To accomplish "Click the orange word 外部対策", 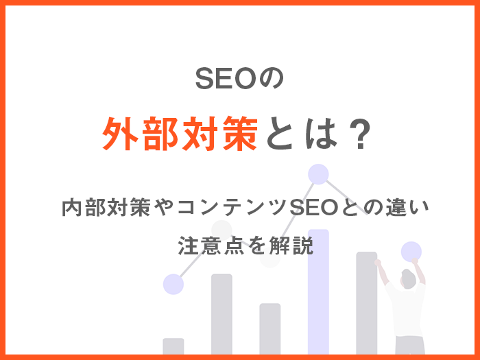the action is (x=180, y=134).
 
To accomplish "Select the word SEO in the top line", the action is (x=226, y=79).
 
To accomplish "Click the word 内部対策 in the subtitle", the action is (x=106, y=207).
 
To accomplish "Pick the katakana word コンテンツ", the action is (x=232, y=207).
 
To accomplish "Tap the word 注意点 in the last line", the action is (x=211, y=245).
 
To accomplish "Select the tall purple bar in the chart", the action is (x=318, y=291).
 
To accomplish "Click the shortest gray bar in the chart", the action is (x=173, y=346).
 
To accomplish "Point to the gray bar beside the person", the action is (x=366, y=303).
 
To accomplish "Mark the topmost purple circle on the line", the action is (x=318, y=174).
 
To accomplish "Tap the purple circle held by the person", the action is (x=411, y=252).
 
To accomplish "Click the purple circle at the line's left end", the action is (x=173, y=284).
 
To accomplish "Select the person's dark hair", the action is (x=409, y=277).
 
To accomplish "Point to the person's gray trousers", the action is (x=409, y=346).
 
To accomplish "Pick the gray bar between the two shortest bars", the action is (x=221, y=314).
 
